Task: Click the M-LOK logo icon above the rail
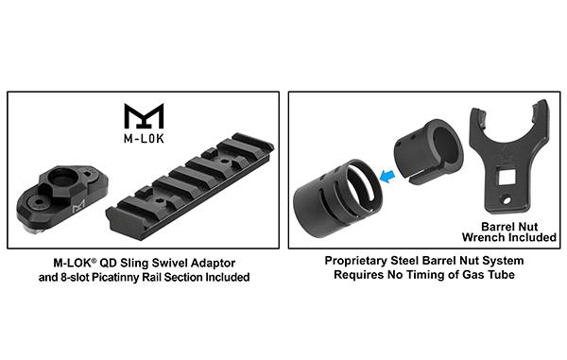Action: tap(144, 115)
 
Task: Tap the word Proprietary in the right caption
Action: tap(360, 262)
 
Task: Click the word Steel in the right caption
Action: tap(416, 262)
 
